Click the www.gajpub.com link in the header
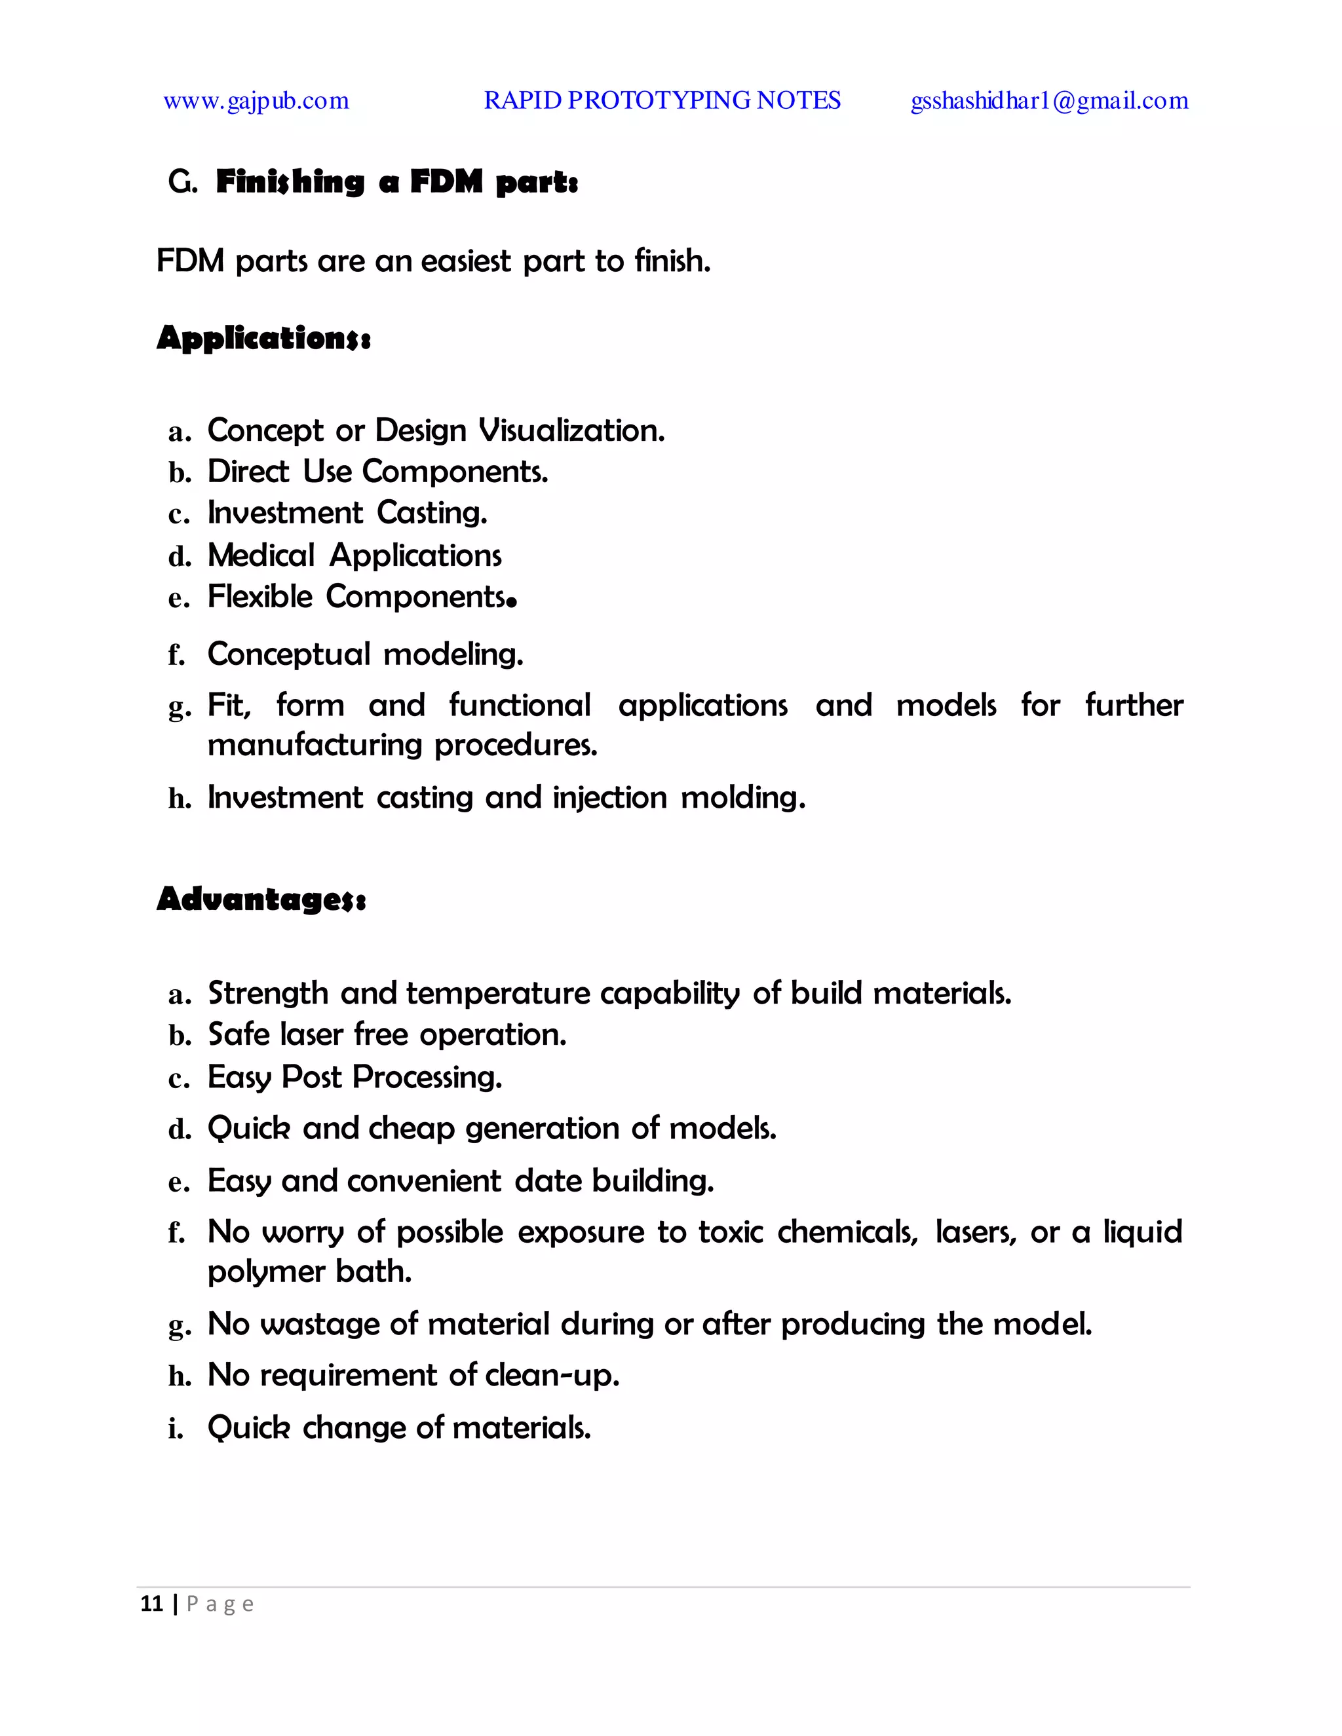(x=256, y=101)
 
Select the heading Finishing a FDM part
(x=396, y=182)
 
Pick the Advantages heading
(x=261, y=899)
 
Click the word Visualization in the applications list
(x=571, y=431)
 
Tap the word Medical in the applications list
(x=261, y=555)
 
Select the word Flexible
(x=260, y=596)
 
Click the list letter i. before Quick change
(x=176, y=1428)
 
